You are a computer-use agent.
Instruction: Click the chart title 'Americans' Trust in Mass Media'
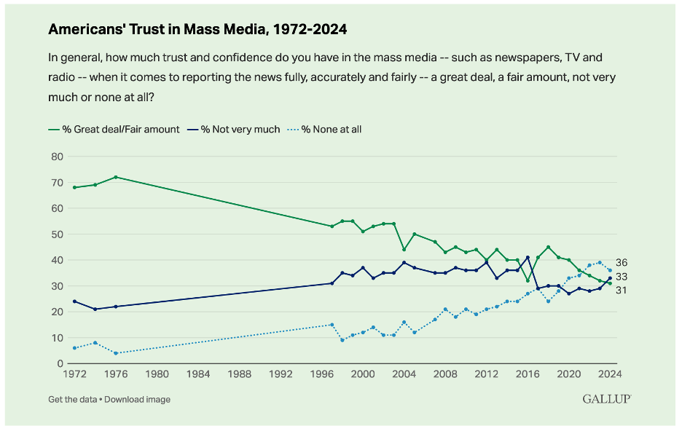(197, 30)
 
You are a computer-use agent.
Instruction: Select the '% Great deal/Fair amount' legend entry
(114, 130)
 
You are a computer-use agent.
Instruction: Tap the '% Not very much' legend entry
(234, 130)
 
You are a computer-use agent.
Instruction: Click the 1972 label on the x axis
(74, 374)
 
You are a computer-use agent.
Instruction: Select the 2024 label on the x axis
(609, 374)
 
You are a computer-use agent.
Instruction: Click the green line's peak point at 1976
(116, 177)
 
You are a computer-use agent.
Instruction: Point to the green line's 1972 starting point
(74, 187)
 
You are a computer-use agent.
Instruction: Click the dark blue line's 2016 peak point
(528, 257)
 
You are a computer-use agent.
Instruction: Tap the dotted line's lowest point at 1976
(116, 353)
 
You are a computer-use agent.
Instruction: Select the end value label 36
(622, 263)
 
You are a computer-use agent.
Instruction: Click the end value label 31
(622, 291)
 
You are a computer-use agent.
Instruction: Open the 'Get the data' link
(72, 399)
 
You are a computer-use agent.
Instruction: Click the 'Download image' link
(138, 399)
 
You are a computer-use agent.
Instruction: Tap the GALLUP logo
(606, 398)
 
